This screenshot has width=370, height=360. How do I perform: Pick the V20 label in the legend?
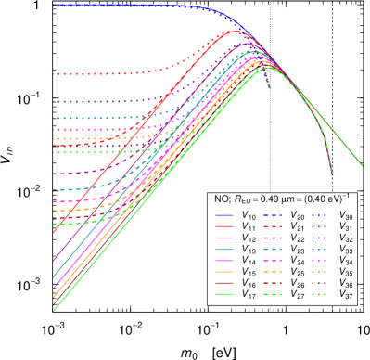pyautogui.click(x=298, y=215)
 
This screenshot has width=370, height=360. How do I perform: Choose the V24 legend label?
pyautogui.click(x=298, y=261)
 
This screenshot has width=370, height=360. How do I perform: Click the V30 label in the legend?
pyautogui.click(x=345, y=215)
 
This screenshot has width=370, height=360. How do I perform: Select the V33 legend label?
pyautogui.click(x=345, y=250)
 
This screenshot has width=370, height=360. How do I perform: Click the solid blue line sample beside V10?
pyautogui.click(x=225, y=215)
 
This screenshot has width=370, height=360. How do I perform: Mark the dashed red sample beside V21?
pyautogui.click(x=274, y=226)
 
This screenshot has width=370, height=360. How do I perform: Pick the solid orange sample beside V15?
pyautogui.click(x=225, y=272)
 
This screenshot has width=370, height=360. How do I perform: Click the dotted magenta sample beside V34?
pyautogui.click(x=321, y=261)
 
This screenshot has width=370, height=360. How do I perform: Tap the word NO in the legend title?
pyautogui.click(x=221, y=199)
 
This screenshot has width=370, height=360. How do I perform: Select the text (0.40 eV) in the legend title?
pyautogui.click(x=324, y=199)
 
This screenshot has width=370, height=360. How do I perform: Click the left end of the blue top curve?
pyautogui.click(x=55, y=6)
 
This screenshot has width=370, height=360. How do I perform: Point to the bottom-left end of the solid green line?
pyautogui.click(x=55, y=310)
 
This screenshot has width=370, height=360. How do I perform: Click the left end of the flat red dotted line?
pyautogui.click(x=55, y=73)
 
